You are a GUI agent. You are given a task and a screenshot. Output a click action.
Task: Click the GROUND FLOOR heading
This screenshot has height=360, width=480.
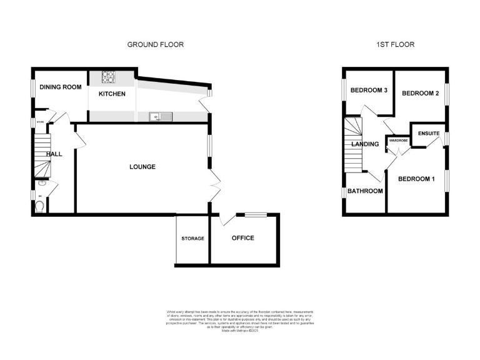[x=156, y=44]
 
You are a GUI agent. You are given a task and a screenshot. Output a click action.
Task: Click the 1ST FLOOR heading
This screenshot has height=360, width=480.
[x=395, y=44]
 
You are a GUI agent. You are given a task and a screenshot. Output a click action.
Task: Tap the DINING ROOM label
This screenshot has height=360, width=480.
[x=61, y=87]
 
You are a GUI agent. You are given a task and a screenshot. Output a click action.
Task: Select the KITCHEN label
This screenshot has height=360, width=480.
[x=112, y=94]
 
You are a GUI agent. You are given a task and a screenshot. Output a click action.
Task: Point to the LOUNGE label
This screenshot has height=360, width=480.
[x=142, y=167]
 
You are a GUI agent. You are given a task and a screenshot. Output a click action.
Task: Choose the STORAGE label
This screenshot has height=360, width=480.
[x=192, y=239]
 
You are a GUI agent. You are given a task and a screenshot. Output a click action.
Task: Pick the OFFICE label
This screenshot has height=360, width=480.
[x=243, y=238]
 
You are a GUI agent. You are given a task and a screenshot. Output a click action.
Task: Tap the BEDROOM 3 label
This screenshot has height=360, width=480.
[x=369, y=91]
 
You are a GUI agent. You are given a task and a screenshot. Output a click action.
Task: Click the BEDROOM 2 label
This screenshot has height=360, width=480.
[x=420, y=94]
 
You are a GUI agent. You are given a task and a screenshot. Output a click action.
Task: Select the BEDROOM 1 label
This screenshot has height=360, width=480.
[x=416, y=179]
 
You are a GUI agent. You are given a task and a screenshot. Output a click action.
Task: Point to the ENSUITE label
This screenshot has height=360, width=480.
[x=429, y=134]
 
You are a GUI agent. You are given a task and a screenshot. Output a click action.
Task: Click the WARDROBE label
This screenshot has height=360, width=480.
[x=398, y=141]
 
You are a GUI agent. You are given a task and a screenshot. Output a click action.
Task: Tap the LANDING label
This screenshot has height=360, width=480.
[x=365, y=144]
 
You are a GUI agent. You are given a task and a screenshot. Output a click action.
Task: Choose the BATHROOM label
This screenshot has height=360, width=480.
[x=365, y=191]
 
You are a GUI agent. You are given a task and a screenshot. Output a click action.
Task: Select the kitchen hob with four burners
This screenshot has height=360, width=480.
[x=108, y=77]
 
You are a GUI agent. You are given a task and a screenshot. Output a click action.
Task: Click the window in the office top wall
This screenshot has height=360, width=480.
[x=255, y=215]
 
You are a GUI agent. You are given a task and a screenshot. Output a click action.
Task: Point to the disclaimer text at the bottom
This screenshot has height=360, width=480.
[x=239, y=320]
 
